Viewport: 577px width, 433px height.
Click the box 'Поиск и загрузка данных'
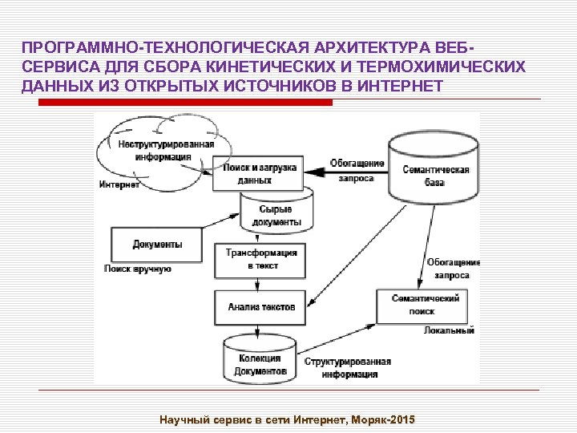(258, 174)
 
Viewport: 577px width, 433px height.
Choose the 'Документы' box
(157, 244)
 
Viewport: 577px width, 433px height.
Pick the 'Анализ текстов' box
(260, 306)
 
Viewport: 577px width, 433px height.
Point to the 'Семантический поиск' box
(425, 305)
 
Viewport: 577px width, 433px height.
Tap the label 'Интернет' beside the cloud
(119, 185)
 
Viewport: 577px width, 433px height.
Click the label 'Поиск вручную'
(137, 269)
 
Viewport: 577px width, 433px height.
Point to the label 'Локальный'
(449, 330)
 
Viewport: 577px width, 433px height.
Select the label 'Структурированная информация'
(349, 368)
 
